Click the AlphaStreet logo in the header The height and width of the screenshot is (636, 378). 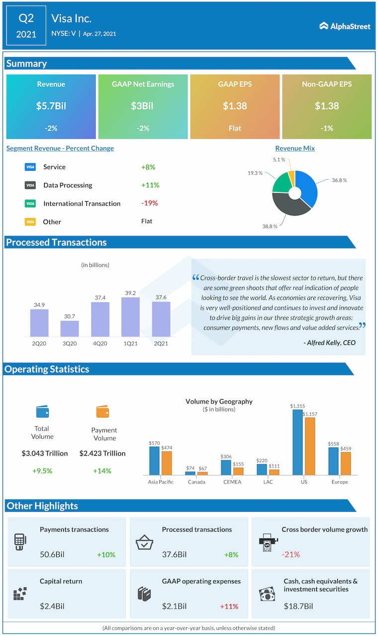click(345, 26)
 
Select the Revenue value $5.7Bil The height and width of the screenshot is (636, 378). click(51, 106)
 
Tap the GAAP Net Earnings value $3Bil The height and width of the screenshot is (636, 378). click(143, 106)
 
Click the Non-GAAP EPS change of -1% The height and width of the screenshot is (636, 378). click(327, 128)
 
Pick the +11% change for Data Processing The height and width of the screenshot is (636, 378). click(150, 185)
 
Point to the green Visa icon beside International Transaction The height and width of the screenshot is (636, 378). click(30, 203)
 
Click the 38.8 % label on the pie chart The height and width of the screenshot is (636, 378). click(269, 226)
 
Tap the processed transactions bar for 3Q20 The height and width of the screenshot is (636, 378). click(70, 328)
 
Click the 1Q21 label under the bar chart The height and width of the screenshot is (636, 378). click(130, 342)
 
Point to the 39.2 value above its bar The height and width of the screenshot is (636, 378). click(130, 293)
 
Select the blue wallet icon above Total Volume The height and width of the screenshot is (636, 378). click(42, 411)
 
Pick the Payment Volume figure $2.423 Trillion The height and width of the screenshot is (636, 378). click(102, 453)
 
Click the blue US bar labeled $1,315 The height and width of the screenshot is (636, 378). click(297, 442)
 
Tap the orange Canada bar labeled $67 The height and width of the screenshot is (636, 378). click(202, 474)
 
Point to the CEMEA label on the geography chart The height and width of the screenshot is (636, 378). click(232, 482)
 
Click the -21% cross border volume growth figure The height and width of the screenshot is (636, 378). click(291, 554)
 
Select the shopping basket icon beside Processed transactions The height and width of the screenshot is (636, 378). click(144, 543)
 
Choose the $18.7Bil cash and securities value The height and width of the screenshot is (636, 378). click(298, 606)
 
